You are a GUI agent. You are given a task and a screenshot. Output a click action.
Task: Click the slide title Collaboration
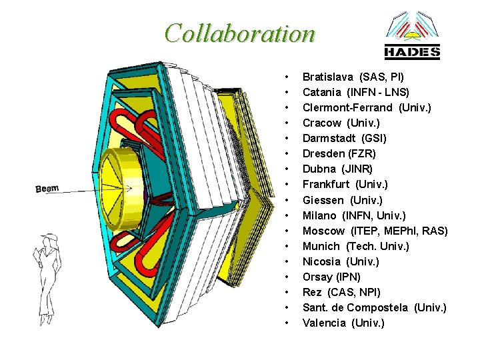[x=240, y=33]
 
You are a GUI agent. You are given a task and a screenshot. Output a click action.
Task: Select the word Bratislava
[x=328, y=77]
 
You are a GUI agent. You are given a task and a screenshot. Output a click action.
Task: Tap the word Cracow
[x=322, y=123]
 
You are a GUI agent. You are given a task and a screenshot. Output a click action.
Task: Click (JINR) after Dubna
[x=358, y=169]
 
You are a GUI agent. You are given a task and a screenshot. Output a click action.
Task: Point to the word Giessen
[x=323, y=200]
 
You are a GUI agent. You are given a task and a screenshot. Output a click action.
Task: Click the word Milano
[x=319, y=215]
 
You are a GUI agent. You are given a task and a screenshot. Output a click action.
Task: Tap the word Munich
[x=321, y=246]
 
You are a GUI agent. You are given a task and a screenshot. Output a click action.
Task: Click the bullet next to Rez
[x=286, y=292]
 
